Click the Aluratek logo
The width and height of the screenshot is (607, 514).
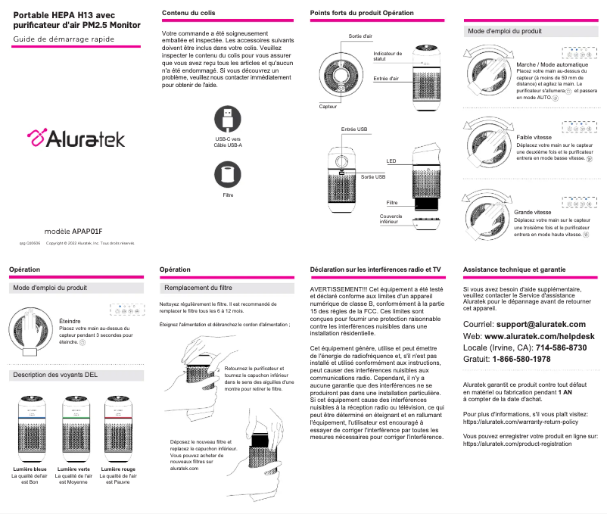[76, 139]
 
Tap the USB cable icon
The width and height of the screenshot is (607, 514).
[228, 119]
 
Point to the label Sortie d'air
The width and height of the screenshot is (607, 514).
[360, 36]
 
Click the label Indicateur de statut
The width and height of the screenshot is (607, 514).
[388, 57]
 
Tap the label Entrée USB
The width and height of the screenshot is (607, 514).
[354, 130]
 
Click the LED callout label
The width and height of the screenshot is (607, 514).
[391, 161]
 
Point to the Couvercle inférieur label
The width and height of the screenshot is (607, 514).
[391, 219]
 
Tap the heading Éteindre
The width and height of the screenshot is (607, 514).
[70, 321]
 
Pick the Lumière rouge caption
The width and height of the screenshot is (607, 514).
[117, 469]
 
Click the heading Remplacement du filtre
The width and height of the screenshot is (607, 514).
[198, 288]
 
